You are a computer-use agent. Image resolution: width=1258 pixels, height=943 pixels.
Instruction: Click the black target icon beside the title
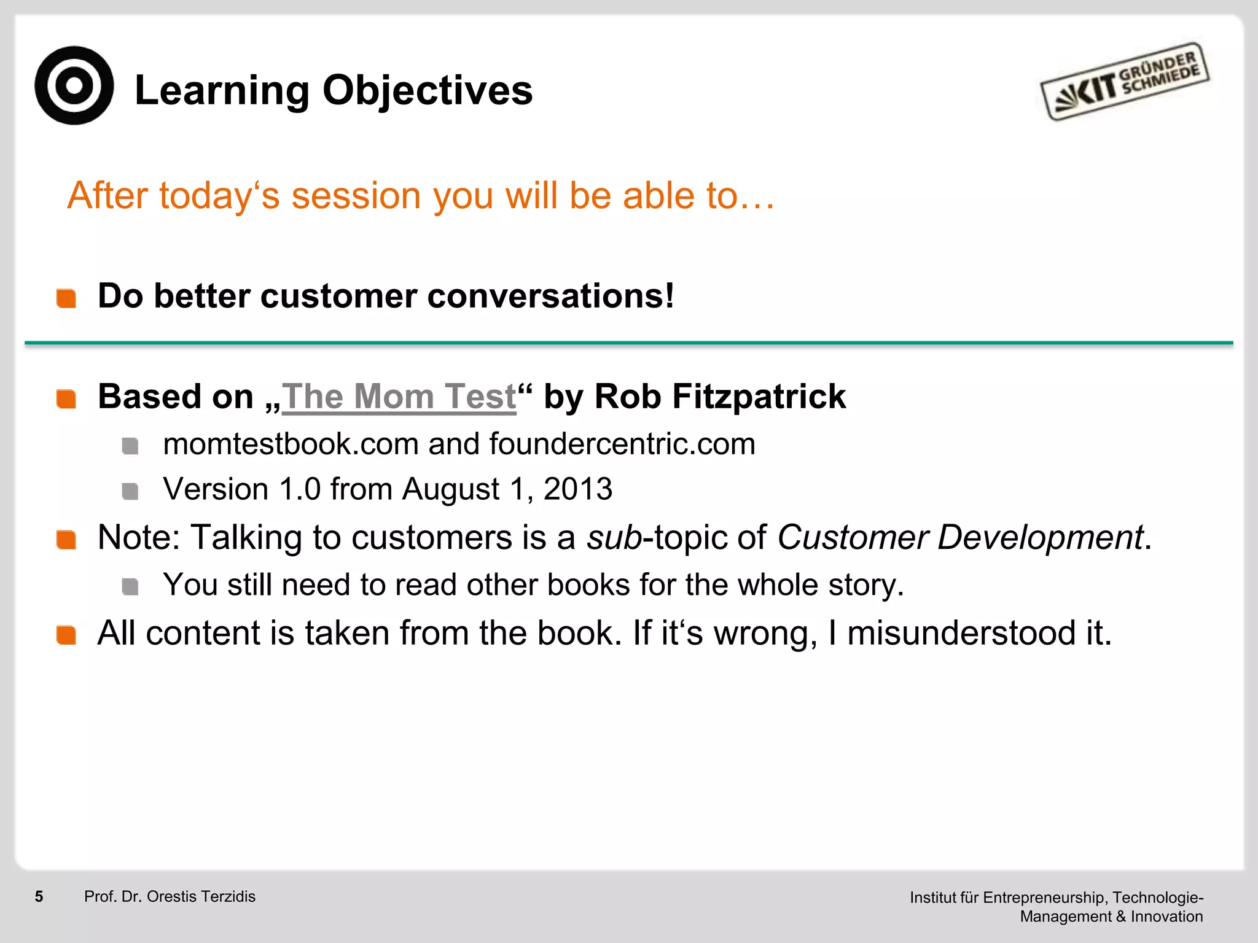[x=74, y=85]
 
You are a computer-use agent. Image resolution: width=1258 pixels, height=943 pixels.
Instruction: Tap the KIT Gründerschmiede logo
[x=1124, y=82]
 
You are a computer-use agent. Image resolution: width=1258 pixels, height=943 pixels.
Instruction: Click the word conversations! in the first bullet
[x=550, y=296]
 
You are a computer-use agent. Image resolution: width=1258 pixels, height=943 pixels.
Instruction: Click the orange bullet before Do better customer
[x=66, y=298]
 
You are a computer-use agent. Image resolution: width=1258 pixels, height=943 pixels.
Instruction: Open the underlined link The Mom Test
[x=399, y=397]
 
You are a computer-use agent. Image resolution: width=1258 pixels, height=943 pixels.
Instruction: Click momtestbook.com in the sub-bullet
[x=291, y=444]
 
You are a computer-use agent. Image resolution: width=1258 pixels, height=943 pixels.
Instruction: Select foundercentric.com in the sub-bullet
[x=622, y=444]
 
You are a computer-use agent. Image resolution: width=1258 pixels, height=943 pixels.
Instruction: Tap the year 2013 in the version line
[x=578, y=489]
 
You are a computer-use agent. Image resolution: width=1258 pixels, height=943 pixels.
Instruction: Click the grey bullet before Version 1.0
[x=130, y=491]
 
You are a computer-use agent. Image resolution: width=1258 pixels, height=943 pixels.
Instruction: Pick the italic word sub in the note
[x=614, y=537]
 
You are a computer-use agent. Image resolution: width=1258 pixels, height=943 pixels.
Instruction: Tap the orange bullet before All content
[x=66, y=635]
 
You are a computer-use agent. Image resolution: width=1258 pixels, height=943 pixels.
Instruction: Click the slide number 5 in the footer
[x=39, y=896]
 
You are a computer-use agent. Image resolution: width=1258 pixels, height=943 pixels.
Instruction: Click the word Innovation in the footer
[x=1166, y=917]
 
